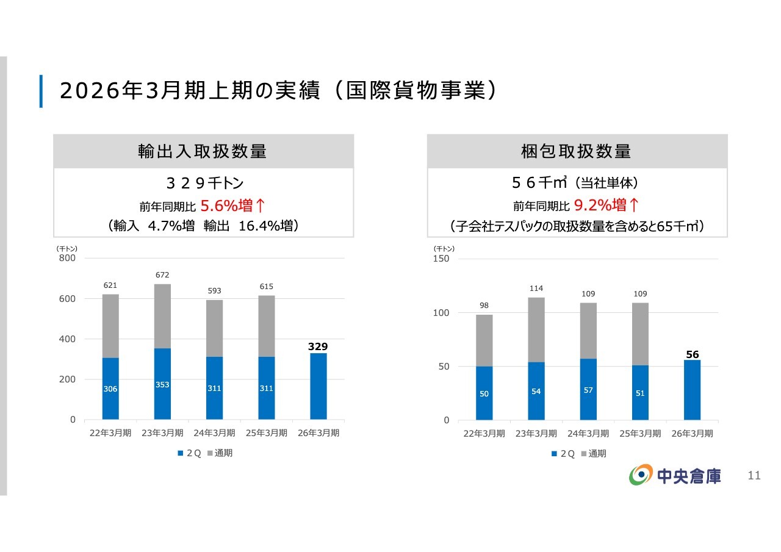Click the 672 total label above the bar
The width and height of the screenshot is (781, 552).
(162, 275)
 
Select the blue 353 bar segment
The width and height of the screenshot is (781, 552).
(162, 384)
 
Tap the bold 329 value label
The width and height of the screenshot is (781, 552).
(318, 346)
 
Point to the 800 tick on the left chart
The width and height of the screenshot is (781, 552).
(68, 258)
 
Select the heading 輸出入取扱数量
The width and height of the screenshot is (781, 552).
(203, 151)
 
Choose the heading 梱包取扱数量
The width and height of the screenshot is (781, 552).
(577, 151)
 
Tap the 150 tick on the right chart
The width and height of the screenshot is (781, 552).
(441, 259)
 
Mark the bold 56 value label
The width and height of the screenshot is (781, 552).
(692, 354)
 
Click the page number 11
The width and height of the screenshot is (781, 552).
(754, 476)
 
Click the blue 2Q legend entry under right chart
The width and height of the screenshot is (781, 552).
(563, 453)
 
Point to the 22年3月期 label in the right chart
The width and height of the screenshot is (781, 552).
(484, 434)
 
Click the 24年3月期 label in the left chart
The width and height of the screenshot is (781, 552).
(214, 433)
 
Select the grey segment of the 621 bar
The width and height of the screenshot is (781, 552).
(110, 326)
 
